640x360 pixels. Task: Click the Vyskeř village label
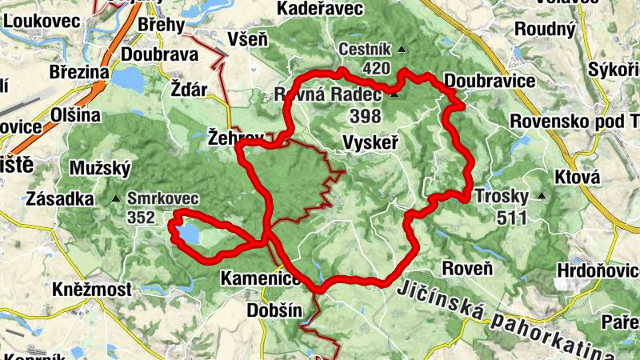[x=370, y=142]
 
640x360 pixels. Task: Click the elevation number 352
[x=141, y=217]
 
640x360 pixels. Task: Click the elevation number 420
[x=375, y=69]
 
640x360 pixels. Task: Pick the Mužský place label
[x=94, y=169]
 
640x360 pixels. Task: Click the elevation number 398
[x=365, y=116]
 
